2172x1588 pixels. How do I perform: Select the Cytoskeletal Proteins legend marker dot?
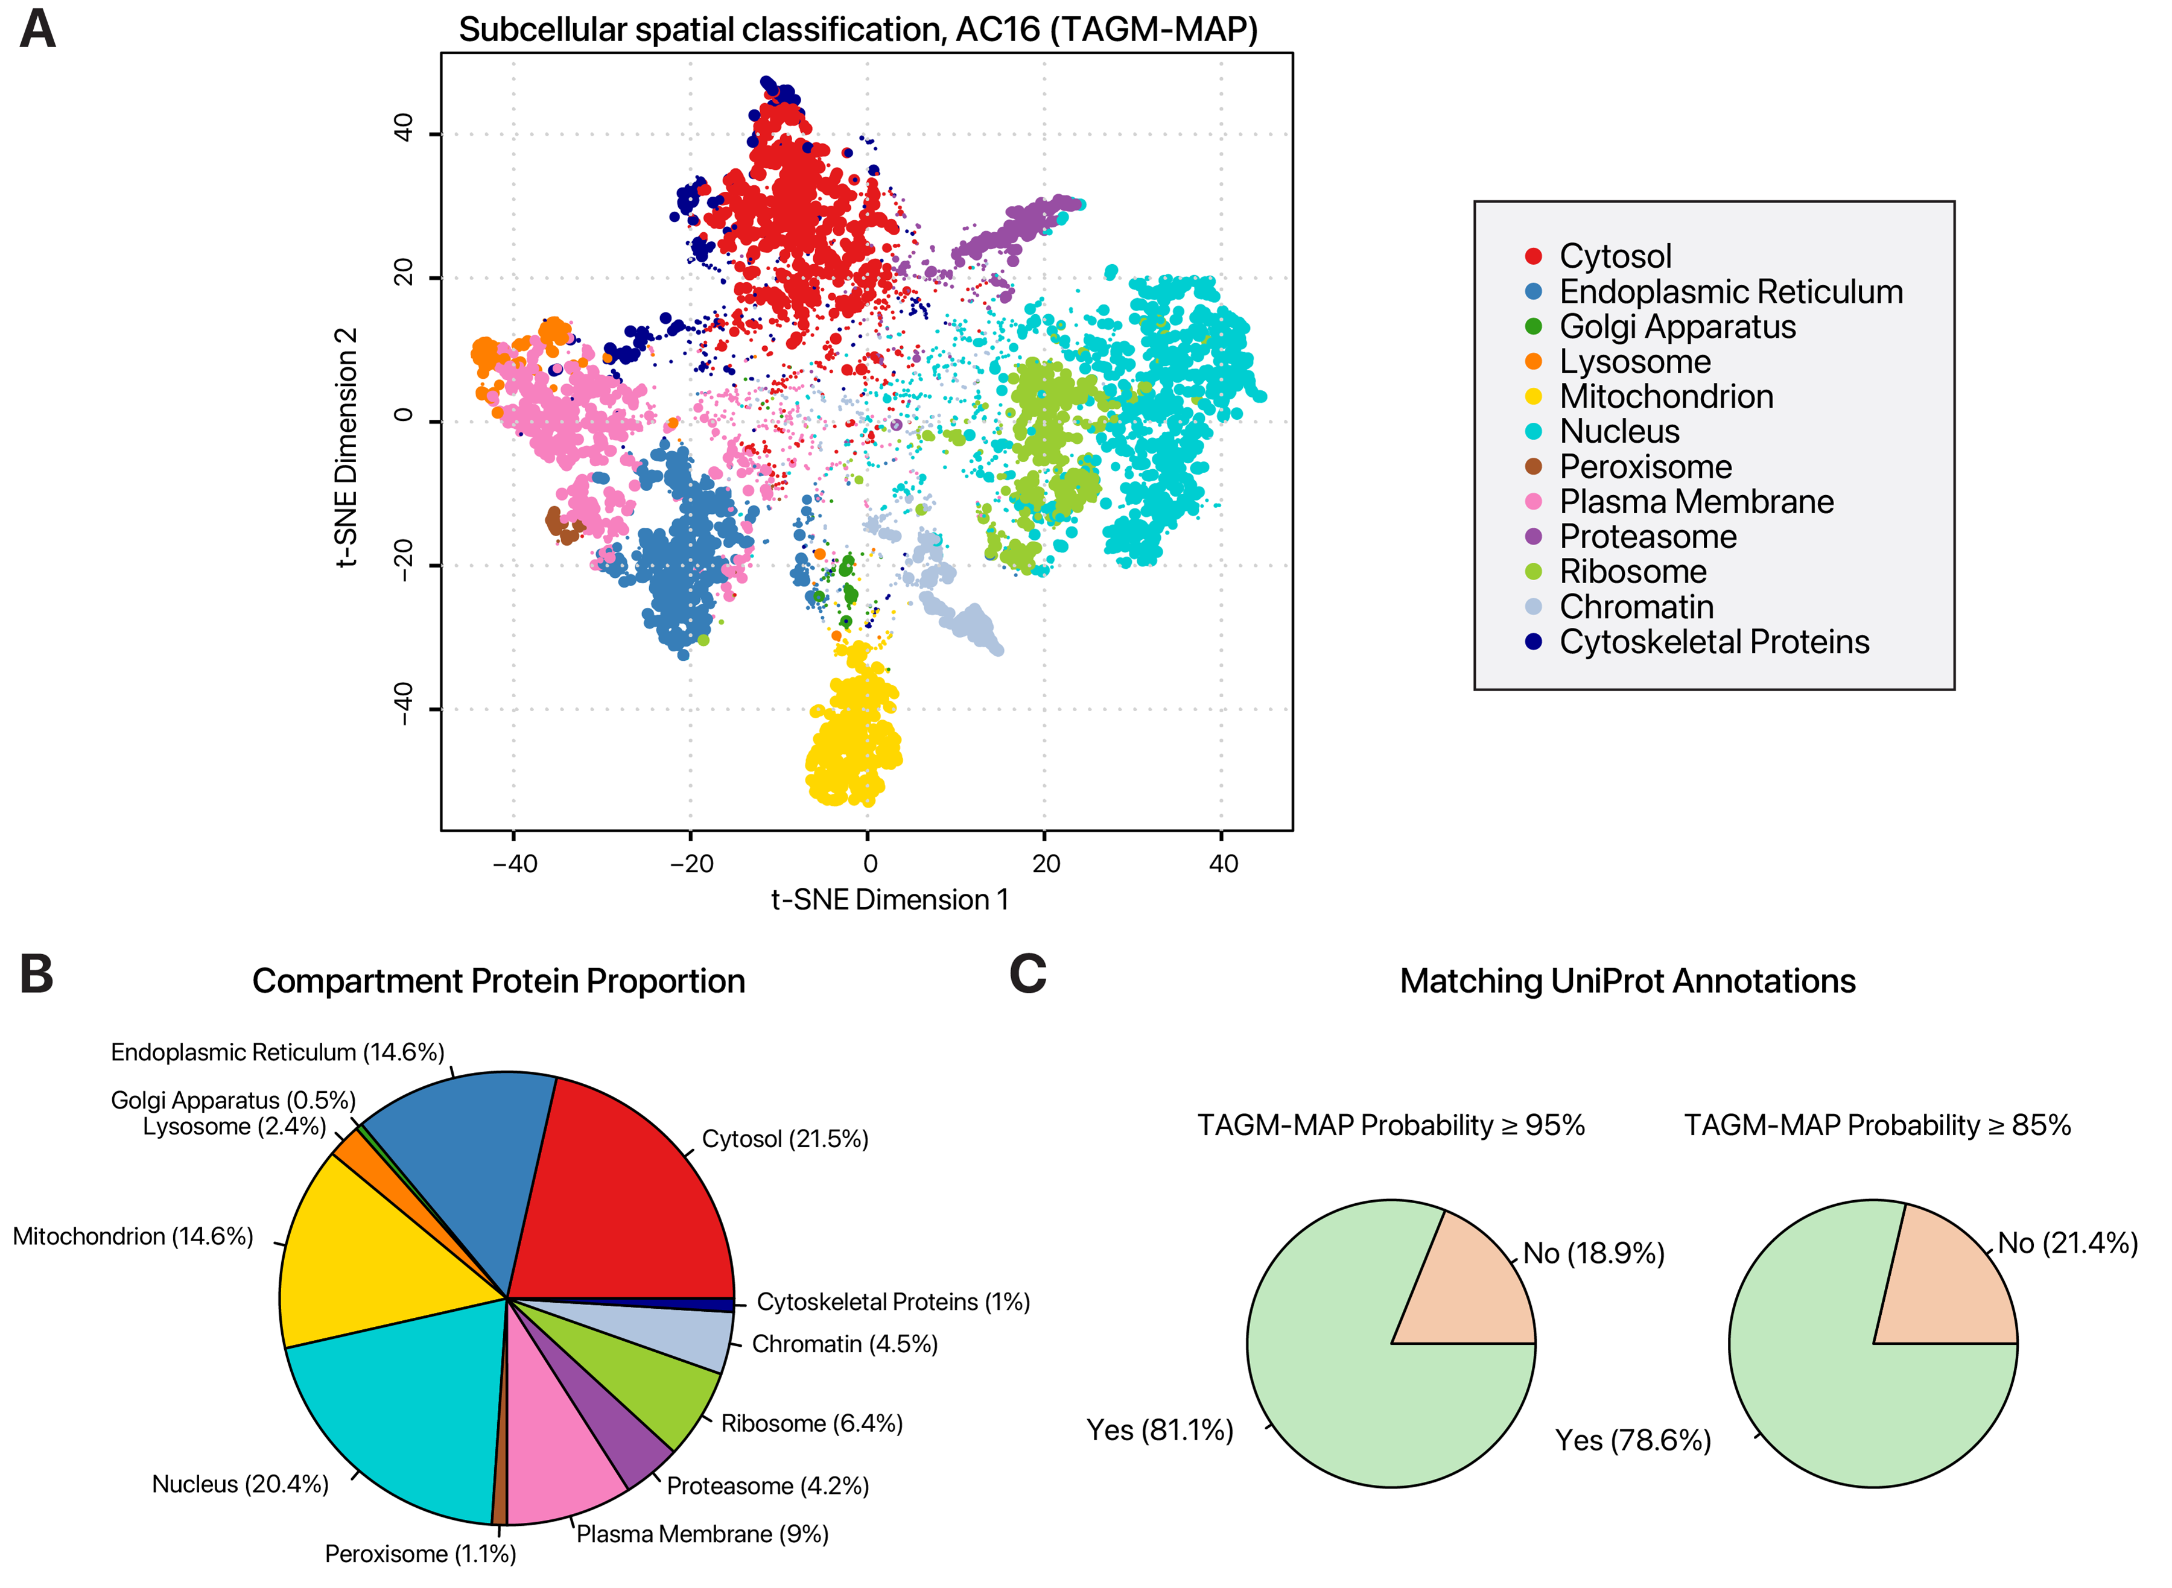pos(1534,642)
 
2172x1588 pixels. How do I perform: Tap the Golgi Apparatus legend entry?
pos(1677,327)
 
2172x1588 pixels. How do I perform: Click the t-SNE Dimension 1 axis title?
pos(889,900)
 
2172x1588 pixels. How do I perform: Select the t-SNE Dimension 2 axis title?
pos(346,447)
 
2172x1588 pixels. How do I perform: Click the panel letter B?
pos(37,974)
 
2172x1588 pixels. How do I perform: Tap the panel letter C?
pos(1027,974)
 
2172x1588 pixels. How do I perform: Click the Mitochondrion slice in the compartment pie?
pos(375,1250)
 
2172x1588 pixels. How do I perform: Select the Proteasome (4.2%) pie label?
pos(767,1486)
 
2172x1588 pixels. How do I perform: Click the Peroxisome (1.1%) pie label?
pos(420,1554)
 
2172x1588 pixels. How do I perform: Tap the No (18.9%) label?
pos(1593,1253)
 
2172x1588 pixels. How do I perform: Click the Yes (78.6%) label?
pos(1633,1440)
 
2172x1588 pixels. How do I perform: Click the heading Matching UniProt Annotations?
pos(1627,981)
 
